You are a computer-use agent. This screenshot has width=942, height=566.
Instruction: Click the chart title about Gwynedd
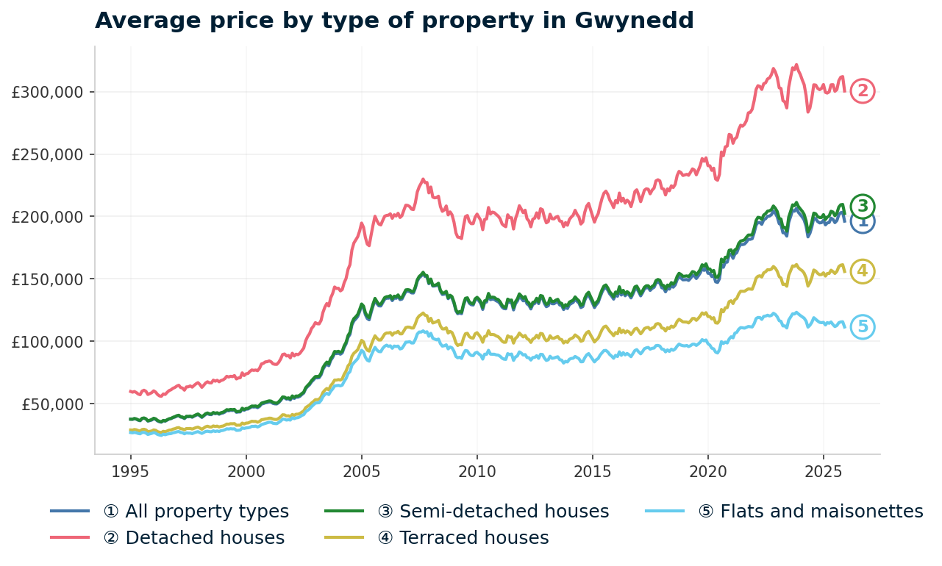tap(394, 21)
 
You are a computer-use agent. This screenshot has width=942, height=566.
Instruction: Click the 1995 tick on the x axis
tap(131, 470)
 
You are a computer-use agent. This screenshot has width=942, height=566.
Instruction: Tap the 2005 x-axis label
tap(361, 470)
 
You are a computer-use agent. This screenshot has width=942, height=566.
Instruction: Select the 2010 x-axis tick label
tap(477, 470)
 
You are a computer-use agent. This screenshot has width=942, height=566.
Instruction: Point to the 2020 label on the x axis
tap(707, 470)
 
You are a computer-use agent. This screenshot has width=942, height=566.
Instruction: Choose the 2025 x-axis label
tap(823, 470)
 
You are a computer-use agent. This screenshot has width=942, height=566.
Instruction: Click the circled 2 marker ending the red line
tap(863, 91)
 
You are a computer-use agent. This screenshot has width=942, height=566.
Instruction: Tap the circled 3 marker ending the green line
tap(863, 206)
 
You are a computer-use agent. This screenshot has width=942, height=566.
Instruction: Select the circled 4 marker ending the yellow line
tap(863, 271)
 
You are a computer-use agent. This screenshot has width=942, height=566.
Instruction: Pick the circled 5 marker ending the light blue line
tap(863, 327)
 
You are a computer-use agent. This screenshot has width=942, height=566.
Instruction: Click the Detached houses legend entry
tap(193, 538)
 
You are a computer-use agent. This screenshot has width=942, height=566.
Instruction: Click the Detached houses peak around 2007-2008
tap(423, 179)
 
